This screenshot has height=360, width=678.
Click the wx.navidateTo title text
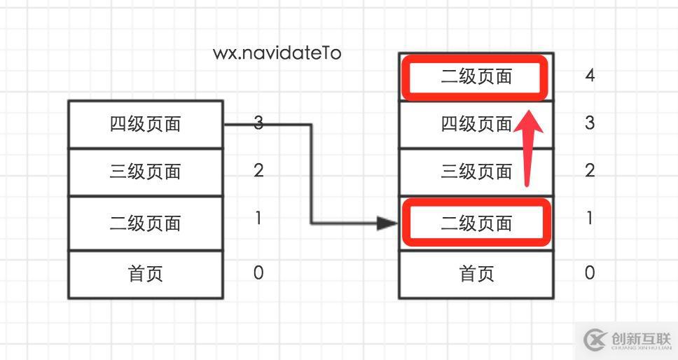(x=277, y=53)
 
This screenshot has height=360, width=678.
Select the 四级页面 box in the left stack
(x=146, y=124)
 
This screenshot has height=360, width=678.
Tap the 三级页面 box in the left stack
(x=146, y=172)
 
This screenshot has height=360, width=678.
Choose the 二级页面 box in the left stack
(x=146, y=223)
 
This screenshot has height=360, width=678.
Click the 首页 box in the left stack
(x=146, y=273)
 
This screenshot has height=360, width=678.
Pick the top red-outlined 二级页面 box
(x=476, y=77)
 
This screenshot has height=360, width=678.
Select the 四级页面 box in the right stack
(x=476, y=124)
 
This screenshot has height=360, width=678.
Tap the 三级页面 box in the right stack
(x=476, y=172)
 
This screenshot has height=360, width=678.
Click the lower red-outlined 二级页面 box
(x=476, y=223)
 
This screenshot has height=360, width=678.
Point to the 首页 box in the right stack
(x=476, y=273)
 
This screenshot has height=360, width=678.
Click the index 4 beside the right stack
(x=590, y=75)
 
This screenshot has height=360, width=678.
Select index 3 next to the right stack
(x=590, y=123)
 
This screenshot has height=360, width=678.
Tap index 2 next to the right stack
(x=590, y=170)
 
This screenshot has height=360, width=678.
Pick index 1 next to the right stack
(x=590, y=219)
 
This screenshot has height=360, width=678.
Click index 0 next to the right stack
(x=590, y=272)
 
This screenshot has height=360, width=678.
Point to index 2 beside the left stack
(x=258, y=170)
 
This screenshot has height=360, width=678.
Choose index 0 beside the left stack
(x=258, y=272)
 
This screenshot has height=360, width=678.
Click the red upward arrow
(x=530, y=144)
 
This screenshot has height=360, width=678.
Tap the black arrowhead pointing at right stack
(x=387, y=223)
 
